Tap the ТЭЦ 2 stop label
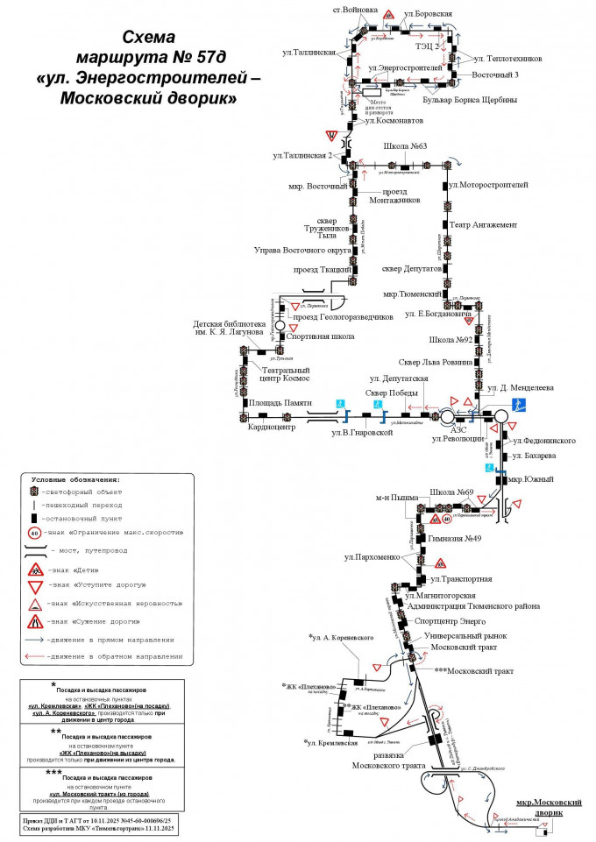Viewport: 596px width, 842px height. tap(429, 46)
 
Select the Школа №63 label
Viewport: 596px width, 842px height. tap(405, 146)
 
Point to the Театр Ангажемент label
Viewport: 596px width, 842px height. tap(487, 225)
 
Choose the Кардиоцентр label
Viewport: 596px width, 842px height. tap(272, 428)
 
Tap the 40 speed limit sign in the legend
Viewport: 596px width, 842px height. tap(35, 533)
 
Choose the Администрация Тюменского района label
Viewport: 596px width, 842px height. tap(473, 606)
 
